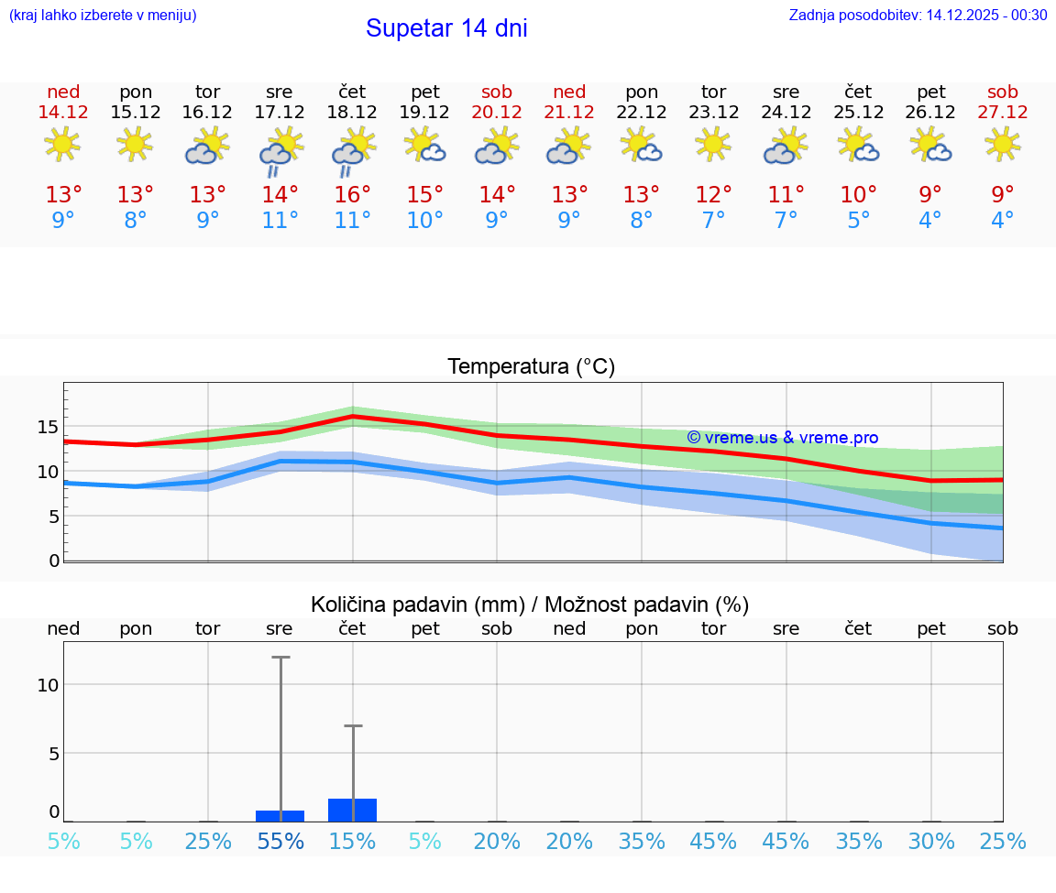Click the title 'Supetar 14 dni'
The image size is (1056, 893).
coord(446,28)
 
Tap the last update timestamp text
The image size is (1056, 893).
coord(918,15)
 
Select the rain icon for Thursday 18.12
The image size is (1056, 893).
coord(352,150)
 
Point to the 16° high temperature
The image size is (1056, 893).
coord(352,195)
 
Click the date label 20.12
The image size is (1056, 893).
coord(497,112)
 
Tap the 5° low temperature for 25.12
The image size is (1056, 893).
coord(858,221)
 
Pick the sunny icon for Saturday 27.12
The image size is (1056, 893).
coord(1002,144)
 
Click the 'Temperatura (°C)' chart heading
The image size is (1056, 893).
coord(531,367)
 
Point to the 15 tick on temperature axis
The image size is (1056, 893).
coord(48,427)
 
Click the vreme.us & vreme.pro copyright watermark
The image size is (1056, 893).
coord(782,438)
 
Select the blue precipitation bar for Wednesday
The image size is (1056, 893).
coord(280,816)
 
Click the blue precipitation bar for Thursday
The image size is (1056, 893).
coord(352,810)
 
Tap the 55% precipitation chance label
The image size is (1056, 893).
coord(280,841)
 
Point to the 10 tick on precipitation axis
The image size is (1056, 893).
coord(48,685)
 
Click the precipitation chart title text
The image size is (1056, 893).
coord(530,604)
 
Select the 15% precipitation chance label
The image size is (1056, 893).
coord(352,841)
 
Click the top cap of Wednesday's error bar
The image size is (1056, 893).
coord(280,657)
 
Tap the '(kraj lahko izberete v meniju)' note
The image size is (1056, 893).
coord(102,15)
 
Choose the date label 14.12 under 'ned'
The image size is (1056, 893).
coord(63,112)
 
